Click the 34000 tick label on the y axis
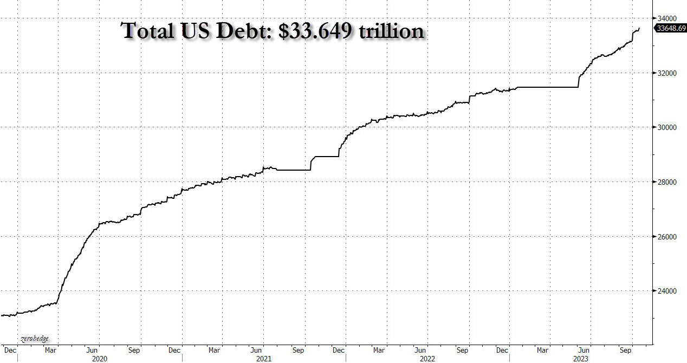click(x=667, y=18)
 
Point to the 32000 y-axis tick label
click(x=667, y=73)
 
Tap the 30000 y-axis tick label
click(x=667, y=128)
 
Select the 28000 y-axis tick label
click(x=667, y=182)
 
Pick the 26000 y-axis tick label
click(x=667, y=237)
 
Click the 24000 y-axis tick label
click(x=667, y=291)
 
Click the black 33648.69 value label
click(x=671, y=29)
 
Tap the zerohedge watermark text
click(x=35, y=339)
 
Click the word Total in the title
click(x=145, y=31)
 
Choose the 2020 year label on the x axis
click(x=99, y=359)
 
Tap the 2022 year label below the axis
click(x=428, y=359)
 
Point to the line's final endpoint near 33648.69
click(x=639, y=28)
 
